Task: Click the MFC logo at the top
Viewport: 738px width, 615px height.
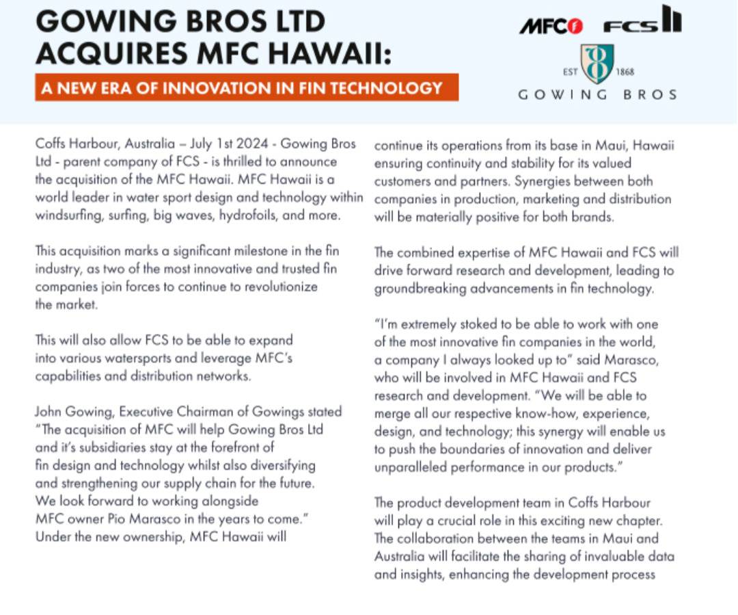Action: coord(551,26)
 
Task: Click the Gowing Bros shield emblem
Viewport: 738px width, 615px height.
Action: coord(597,64)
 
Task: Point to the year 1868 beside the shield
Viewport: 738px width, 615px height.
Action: coord(624,72)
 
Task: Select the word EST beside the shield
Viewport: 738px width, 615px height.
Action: coord(570,72)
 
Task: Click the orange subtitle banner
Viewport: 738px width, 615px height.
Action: coord(247,88)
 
